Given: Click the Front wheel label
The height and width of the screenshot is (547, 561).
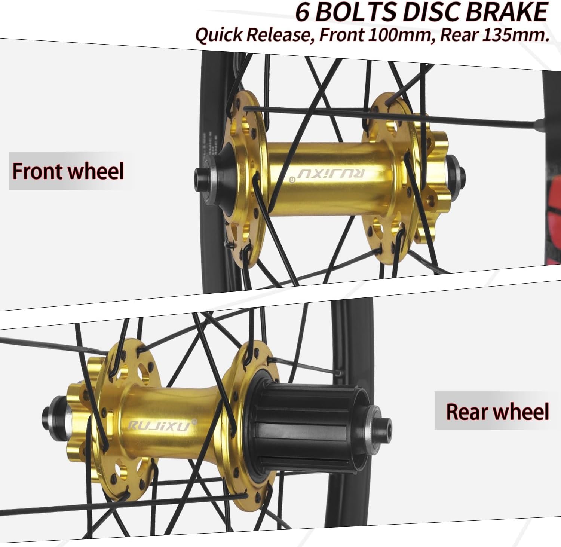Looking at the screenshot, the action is (x=68, y=171).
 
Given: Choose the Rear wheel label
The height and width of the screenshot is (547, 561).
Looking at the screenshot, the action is (x=497, y=411).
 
